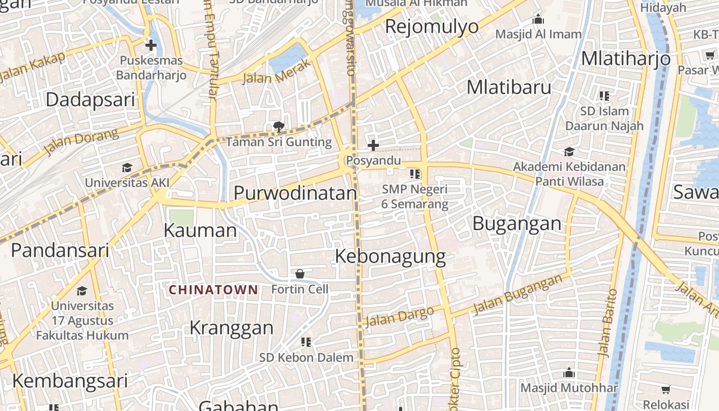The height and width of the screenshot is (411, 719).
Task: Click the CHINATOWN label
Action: tap(214, 290)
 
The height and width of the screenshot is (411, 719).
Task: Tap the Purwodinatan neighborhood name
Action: tap(295, 193)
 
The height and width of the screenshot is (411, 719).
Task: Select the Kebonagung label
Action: tap(390, 256)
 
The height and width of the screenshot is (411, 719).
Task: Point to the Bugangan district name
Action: tap(517, 223)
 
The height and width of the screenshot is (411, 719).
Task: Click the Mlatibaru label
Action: tap(509, 87)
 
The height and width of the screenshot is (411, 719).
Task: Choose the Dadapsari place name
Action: tap(90, 100)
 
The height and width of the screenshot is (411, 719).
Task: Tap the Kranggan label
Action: tap(232, 327)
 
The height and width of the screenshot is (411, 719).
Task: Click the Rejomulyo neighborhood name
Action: tap(431, 26)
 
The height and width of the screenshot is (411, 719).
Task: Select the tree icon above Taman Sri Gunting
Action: tap(279, 126)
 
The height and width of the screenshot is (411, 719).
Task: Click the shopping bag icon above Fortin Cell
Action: tap(300, 274)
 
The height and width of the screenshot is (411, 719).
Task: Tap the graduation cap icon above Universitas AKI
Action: tap(127, 167)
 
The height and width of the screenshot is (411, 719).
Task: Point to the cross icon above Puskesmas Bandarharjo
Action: tap(150, 45)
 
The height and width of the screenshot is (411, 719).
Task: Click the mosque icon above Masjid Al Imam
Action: tap(538, 20)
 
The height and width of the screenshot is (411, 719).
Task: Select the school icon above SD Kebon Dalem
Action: tap(306, 342)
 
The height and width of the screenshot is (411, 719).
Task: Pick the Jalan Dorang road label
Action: tap(81, 142)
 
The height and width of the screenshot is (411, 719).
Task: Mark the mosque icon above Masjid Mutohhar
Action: tap(569, 372)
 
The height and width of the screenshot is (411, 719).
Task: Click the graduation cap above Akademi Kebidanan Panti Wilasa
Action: tap(569, 152)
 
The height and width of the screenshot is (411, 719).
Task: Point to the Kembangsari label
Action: tap(70, 381)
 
